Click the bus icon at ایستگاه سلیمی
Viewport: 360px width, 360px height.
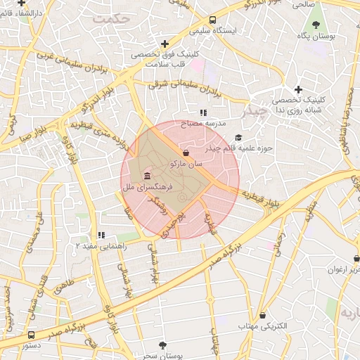213,20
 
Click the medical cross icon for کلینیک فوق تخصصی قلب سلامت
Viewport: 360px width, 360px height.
165,44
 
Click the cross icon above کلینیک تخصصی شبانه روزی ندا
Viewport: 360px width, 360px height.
299,89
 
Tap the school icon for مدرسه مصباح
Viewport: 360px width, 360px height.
203,112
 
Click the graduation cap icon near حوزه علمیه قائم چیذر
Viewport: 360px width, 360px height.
238,138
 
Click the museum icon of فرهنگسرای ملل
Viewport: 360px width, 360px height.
146,176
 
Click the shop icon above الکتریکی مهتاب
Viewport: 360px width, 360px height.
263,315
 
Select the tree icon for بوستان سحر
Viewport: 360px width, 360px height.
163,345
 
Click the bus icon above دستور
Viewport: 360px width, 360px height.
32,335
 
